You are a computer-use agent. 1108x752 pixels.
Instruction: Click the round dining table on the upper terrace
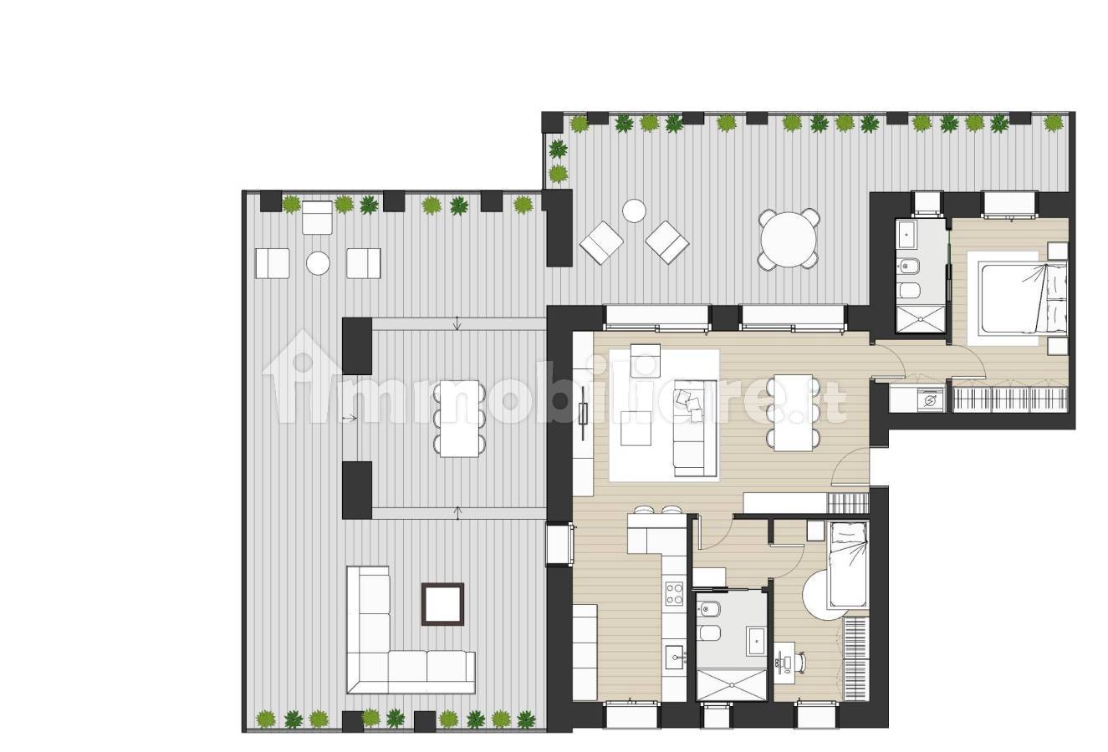pos(789,240)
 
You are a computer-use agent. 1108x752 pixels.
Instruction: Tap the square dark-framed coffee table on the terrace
pos(442,604)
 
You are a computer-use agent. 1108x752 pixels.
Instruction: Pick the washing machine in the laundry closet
pos(931,399)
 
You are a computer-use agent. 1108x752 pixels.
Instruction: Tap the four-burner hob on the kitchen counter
pos(674,593)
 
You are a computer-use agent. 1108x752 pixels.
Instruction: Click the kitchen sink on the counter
pos(674,658)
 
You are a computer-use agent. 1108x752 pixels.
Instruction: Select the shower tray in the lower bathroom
pos(732,685)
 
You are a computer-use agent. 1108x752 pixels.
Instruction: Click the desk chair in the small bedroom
pos(799,663)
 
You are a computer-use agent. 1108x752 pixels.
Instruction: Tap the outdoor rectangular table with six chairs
pos(460,419)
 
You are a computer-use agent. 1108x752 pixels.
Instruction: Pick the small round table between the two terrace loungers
pos(634,211)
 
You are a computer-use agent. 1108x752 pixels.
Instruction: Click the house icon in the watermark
pos(302,377)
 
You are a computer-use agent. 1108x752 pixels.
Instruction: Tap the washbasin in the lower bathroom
pos(756,641)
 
